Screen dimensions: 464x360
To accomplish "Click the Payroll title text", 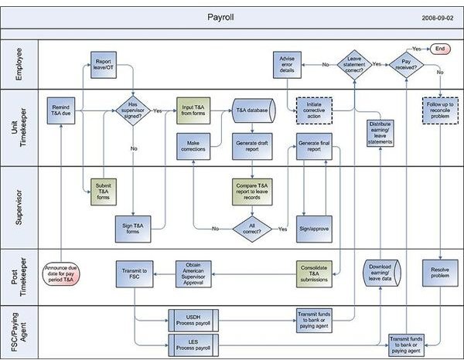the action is [220, 17].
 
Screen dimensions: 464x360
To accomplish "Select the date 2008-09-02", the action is [438, 18].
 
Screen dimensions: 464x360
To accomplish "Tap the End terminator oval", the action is [440, 49].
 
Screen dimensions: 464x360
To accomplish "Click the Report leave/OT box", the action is [104, 65].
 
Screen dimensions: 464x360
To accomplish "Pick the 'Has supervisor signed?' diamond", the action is [133, 110].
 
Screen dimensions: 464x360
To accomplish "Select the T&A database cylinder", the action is [254, 110].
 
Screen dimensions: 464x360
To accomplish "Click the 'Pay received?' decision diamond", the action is [406, 65].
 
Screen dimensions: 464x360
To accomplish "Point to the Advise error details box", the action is [287, 65].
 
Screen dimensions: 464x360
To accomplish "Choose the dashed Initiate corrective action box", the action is [314, 110].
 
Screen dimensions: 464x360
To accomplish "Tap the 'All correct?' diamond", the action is [252, 229].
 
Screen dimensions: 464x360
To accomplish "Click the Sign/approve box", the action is [314, 229].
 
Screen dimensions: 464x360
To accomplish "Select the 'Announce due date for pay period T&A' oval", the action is [61, 274].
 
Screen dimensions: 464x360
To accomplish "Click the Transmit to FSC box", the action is [135, 274].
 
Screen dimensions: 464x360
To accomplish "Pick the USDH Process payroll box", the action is [193, 321].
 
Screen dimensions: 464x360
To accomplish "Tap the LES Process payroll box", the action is [193, 345].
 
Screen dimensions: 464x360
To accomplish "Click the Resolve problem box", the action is [440, 273].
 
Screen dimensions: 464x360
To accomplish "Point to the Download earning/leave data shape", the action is [382, 273].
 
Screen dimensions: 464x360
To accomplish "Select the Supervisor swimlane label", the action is [19, 208].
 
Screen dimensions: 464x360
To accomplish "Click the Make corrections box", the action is [193, 146].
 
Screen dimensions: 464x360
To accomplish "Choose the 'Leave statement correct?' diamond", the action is [354, 65].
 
